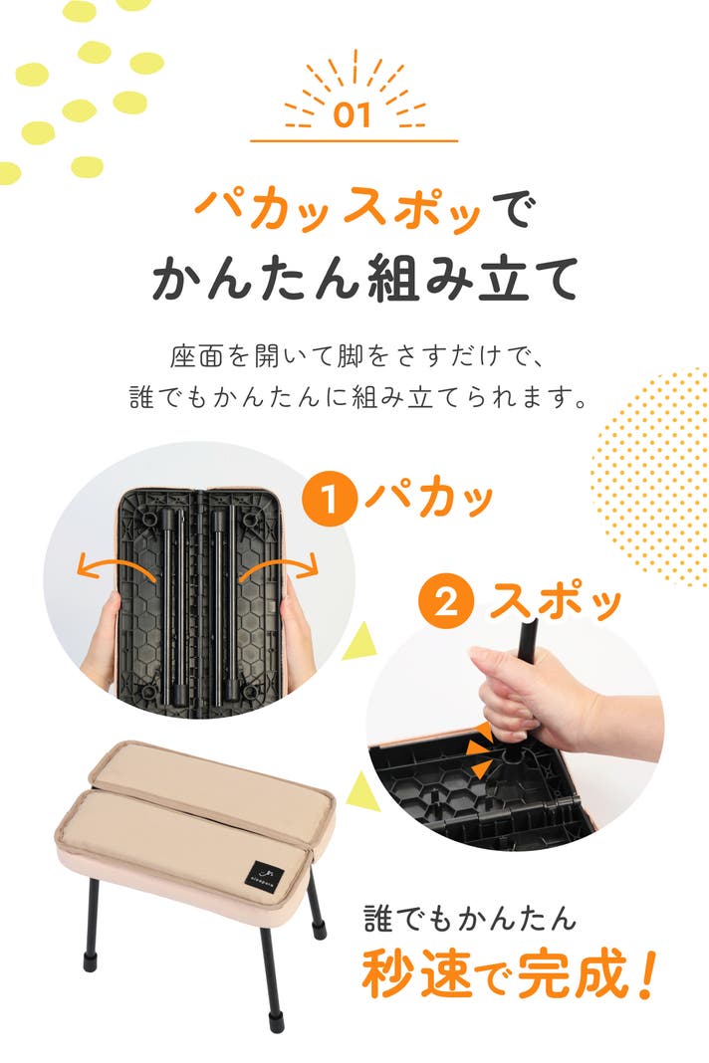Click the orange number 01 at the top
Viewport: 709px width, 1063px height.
point(353,115)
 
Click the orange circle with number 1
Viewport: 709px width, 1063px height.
point(330,501)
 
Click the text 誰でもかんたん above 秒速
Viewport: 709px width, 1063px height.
point(470,920)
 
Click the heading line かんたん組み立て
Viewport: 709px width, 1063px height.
point(365,278)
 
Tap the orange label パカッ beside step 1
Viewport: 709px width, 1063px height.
point(429,499)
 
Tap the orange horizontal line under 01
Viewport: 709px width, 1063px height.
point(354,141)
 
